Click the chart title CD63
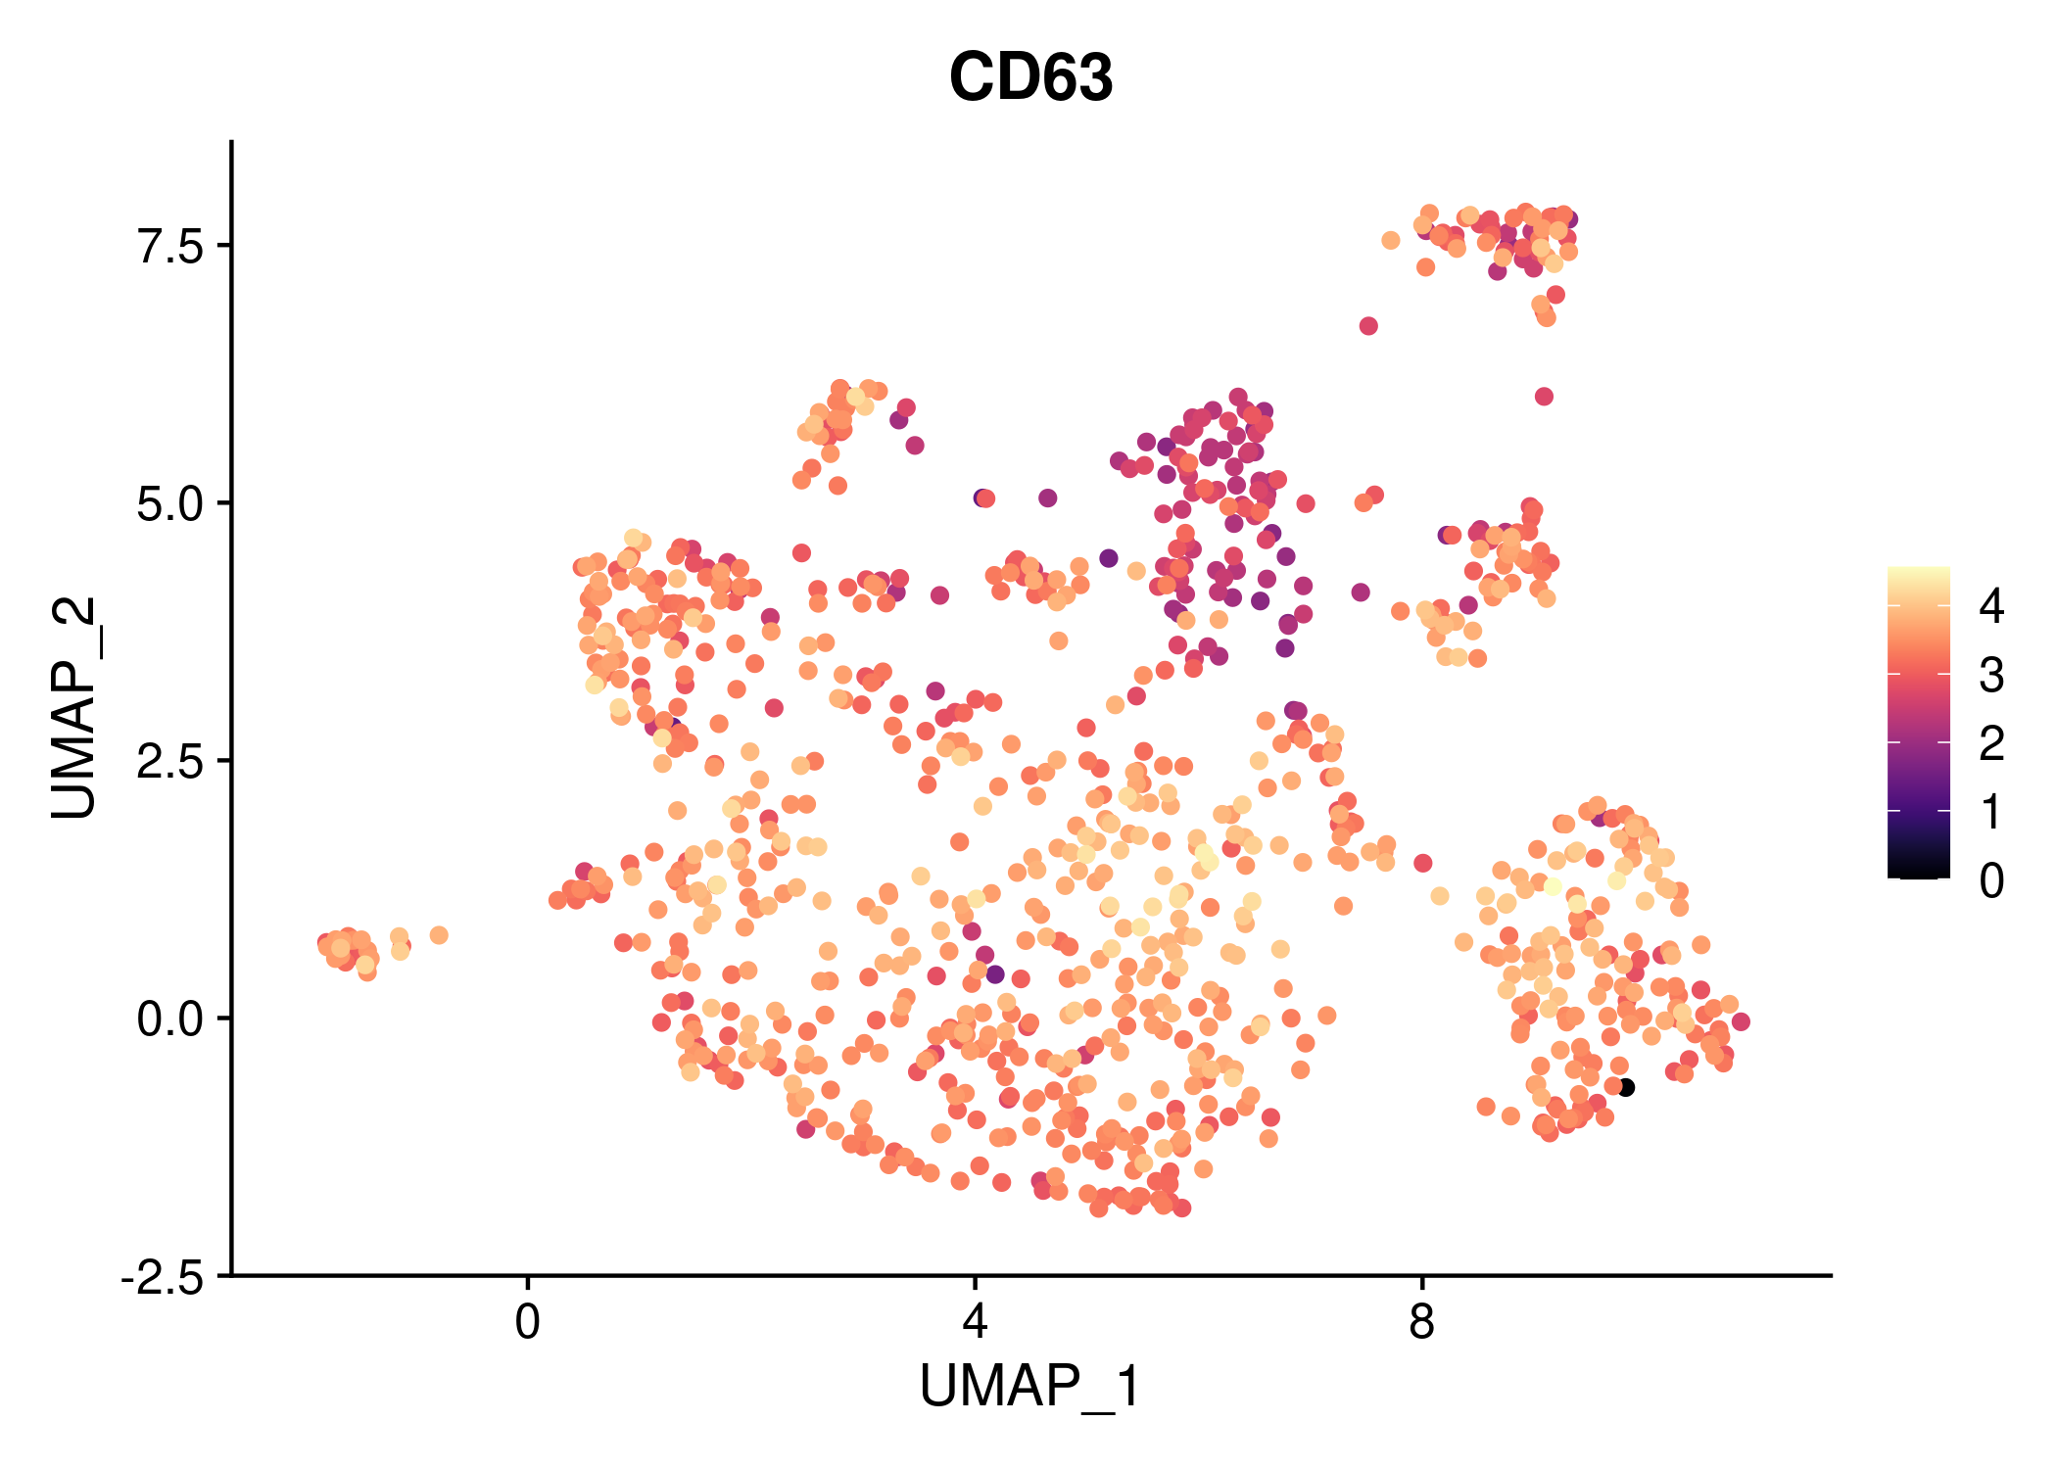click(x=1030, y=78)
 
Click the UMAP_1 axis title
click(x=1030, y=1387)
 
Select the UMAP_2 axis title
click(x=75, y=707)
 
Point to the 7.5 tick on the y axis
click(x=168, y=245)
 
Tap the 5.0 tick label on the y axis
click(x=168, y=503)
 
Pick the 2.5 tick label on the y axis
click(x=168, y=761)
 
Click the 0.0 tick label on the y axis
click(x=168, y=1019)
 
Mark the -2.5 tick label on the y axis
click(x=163, y=1277)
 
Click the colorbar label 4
click(x=1990, y=607)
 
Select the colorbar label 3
click(x=1990, y=676)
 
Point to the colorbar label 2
click(x=1990, y=744)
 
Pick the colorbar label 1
click(x=1990, y=813)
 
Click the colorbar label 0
click(x=1990, y=881)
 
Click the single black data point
click(x=1626, y=1087)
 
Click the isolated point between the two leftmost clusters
click(x=439, y=935)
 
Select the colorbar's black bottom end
click(x=1918, y=872)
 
